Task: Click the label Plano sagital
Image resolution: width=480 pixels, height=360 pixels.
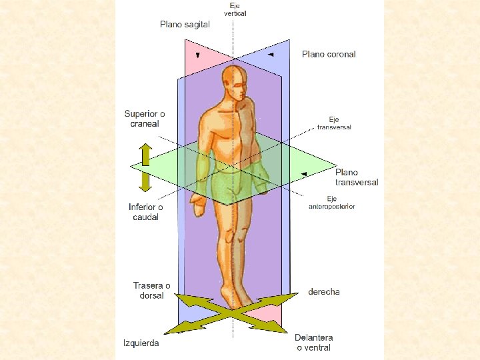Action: click(185, 25)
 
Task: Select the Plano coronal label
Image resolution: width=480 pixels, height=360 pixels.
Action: click(329, 54)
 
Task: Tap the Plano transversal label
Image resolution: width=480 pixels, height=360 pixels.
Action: click(357, 177)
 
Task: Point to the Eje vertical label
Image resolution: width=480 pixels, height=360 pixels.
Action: click(234, 10)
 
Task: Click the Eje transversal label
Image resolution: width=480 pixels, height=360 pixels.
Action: click(334, 123)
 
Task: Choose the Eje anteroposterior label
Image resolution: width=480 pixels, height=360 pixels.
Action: click(331, 203)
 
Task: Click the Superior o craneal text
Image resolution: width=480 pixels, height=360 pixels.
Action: click(145, 119)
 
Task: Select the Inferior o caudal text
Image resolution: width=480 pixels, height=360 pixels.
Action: click(146, 212)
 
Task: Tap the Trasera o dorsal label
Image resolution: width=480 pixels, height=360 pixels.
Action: click(151, 291)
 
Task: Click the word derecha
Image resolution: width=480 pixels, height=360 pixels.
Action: click(324, 291)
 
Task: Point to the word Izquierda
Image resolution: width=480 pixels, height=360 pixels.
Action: click(141, 343)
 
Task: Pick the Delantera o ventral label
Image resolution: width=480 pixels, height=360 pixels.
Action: click(315, 343)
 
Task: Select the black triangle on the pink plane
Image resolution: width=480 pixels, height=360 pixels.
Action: click(197, 55)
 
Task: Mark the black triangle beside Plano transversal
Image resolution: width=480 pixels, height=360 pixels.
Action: click(304, 174)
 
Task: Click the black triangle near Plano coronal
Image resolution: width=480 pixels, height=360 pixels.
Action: click(271, 55)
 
